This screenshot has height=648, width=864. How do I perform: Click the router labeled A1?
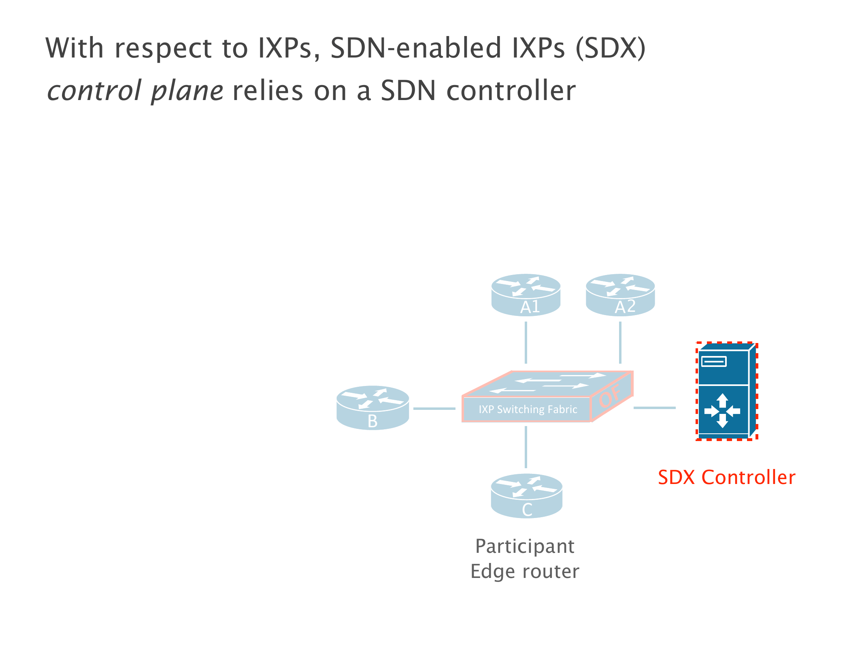pos(526,295)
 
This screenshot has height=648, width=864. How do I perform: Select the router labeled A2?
pos(620,295)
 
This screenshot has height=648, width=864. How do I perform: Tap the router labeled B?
pos(372,407)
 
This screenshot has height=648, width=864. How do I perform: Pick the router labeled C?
pos(526,496)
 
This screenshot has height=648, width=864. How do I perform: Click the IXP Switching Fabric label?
pos(528,409)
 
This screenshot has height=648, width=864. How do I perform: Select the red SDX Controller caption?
pos(726,477)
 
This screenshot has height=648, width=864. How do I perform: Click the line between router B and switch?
pos(434,409)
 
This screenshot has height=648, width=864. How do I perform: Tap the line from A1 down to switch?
pos(526,343)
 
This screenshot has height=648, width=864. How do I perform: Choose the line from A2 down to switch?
pos(620,343)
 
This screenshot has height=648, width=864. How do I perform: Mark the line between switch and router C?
pos(526,447)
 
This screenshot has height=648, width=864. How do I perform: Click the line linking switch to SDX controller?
pos(654,408)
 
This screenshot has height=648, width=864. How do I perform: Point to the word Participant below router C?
pos(525,546)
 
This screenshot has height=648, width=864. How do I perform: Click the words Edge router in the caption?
pos(525,571)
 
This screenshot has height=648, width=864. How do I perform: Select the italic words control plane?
pos(135,91)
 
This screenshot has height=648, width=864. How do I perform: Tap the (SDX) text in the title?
pos(611,48)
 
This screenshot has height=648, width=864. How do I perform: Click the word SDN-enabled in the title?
pos(416,48)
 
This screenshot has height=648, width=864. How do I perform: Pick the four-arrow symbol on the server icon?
pos(722,411)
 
